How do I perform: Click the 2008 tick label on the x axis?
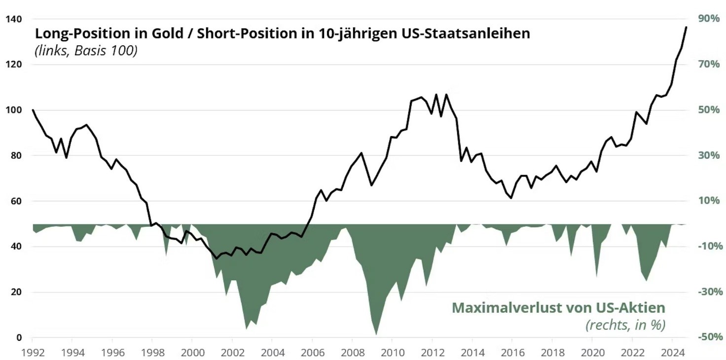351,353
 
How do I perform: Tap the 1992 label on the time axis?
32,353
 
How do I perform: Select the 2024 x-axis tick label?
672,353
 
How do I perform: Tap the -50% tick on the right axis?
710,337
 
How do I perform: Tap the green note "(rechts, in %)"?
625,325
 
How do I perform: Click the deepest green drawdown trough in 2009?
376,334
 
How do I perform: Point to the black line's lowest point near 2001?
216,258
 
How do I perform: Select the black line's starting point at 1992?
33,109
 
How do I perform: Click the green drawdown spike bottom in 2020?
597,277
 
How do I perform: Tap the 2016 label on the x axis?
511,353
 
